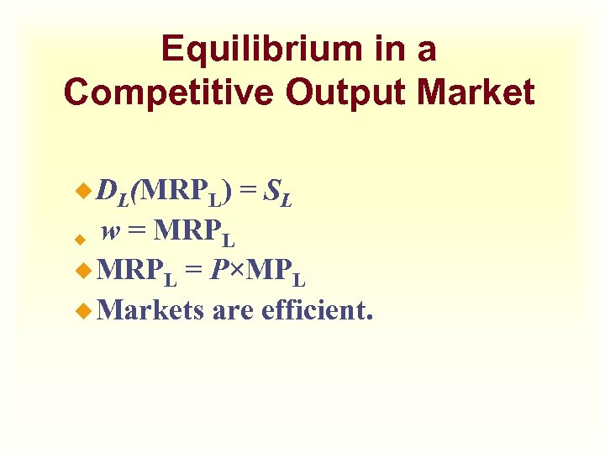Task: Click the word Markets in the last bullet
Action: tap(150, 311)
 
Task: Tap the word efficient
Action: tap(318, 311)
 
